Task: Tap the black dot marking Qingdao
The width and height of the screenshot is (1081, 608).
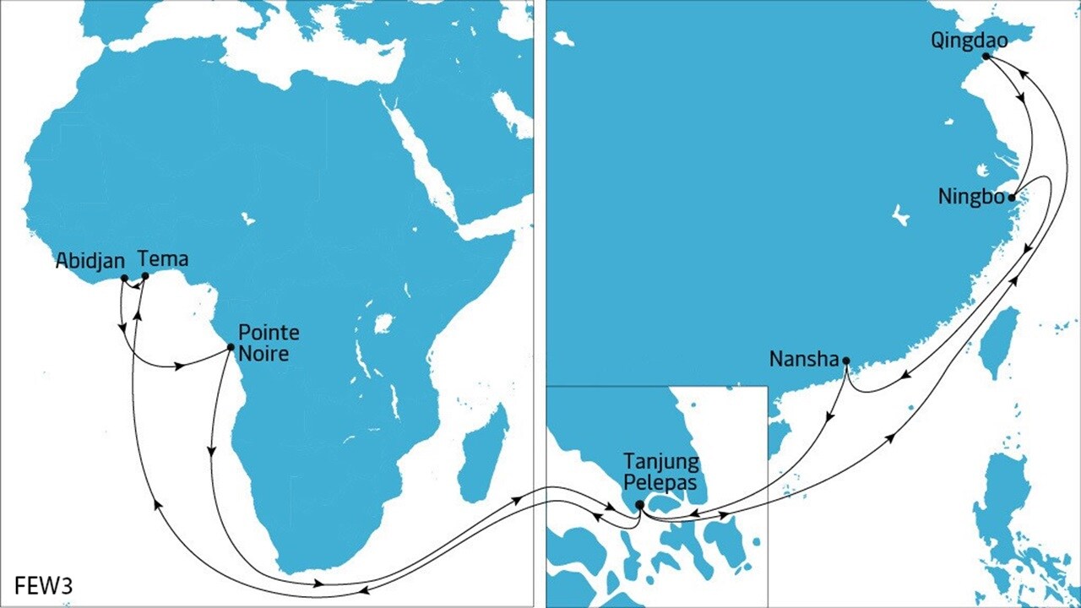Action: pos(986,56)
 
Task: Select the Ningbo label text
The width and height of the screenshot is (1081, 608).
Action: pos(971,197)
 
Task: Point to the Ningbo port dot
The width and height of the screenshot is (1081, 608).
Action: pos(1012,198)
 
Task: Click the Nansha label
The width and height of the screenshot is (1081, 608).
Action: pos(803,360)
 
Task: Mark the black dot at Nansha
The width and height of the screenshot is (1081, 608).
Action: pos(846,361)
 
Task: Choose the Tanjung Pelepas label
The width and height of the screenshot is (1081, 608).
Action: pos(660,473)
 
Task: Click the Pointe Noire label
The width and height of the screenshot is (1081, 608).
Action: pos(269,342)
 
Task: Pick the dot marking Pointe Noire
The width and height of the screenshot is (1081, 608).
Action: pos(231,346)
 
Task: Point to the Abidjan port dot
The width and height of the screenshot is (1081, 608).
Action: pos(124,278)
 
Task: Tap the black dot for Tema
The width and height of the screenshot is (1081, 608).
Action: pos(145,275)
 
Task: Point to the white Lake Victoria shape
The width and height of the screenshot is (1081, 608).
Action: pos(384,323)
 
